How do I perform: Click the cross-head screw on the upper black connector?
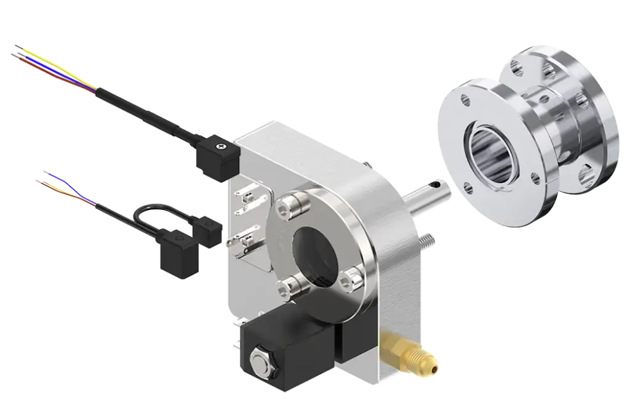coord(220,147)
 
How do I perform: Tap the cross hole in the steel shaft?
coord(437,183)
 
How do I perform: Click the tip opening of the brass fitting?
coord(436,369)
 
